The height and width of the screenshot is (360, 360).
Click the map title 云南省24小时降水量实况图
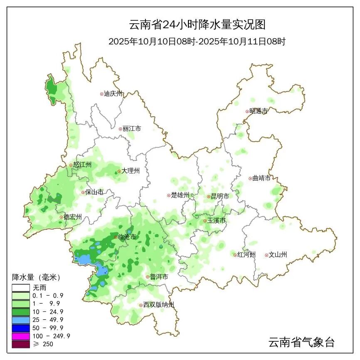point(197,24)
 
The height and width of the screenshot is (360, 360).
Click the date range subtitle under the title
point(197,42)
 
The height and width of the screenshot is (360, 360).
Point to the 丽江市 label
point(132,129)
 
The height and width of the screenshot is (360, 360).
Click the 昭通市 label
point(259,111)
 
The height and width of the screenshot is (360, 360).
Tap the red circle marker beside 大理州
point(119,171)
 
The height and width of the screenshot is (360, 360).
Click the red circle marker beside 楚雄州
point(168,195)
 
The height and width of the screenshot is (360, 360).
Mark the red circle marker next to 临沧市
point(116,237)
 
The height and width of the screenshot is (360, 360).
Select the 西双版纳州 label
point(159,305)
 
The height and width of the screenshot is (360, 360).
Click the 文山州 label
point(278,255)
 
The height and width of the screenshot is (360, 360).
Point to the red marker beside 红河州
point(235,255)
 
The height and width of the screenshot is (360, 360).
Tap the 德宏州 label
point(73,217)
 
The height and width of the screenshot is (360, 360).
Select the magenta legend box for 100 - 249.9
point(21,336)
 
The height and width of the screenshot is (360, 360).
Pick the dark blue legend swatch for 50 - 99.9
point(21,328)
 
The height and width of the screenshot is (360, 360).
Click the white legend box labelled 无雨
point(21,287)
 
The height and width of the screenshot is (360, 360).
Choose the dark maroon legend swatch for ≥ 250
point(21,344)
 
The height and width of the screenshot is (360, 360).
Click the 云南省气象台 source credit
point(301,343)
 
